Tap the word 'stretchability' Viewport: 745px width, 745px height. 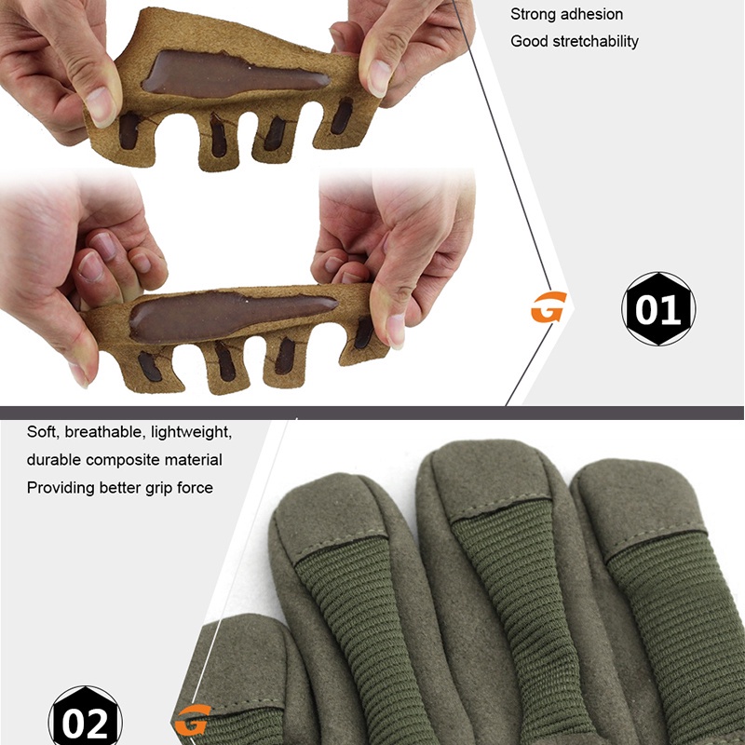tap(596, 41)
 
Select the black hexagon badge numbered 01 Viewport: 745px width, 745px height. tap(658, 309)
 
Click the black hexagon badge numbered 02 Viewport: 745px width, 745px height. tap(86, 716)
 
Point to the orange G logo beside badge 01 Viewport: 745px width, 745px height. tap(549, 307)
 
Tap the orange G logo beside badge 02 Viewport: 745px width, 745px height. tap(193, 719)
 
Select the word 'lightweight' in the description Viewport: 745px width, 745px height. tap(191, 432)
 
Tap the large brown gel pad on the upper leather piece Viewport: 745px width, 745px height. tap(236, 74)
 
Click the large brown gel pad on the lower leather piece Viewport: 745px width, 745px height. tap(233, 316)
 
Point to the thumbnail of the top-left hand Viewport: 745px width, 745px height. tap(101, 107)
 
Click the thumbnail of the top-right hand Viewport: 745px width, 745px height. tap(379, 78)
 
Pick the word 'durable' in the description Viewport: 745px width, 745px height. tap(54, 460)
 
